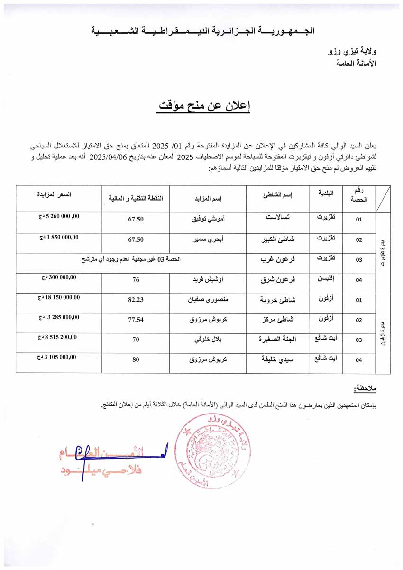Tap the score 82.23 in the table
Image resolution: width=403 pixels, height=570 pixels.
pyautogui.click(x=136, y=300)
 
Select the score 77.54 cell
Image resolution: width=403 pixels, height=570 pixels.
pyautogui.click(x=136, y=320)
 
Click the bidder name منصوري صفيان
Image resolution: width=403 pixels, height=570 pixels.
pyautogui.click(x=209, y=300)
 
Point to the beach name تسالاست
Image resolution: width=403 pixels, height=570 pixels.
pyautogui.click(x=279, y=219)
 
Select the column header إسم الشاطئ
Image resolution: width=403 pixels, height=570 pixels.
pyautogui.click(x=278, y=195)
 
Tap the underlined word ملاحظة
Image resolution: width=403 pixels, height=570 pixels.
pyautogui.click(x=365, y=389)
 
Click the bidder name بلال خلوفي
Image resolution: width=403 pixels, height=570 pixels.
pyautogui.click(x=208, y=340)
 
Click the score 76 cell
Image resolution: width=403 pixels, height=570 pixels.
pyautogui.click(x=136, y=280)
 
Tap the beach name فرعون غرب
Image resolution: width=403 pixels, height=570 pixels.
pyautogui.click(x=278, y=260)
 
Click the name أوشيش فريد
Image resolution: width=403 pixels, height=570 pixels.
pyautogui.click(x=209, y=280)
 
